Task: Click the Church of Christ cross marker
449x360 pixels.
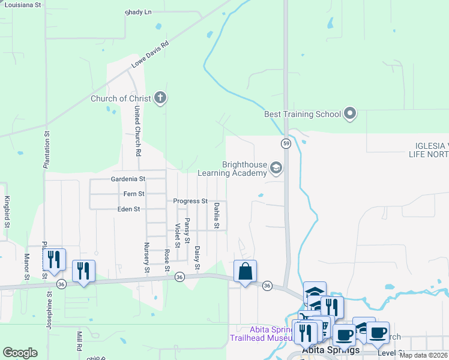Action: pyautogui.click(x=160, y=97)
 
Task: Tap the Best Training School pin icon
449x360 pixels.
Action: pyautogui.click(x=351, y=113)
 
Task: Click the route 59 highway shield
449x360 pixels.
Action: pyautogui.click(x=286, y=143)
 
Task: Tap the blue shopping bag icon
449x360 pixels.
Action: pyautogui.click(x=245, y=271)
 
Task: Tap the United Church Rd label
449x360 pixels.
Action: pyautogui.click(x=137, y=131)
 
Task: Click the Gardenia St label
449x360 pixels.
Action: pyautogui.click(x=128, y=179)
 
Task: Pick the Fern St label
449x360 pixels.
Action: pyautogui.click(x=133, y=194)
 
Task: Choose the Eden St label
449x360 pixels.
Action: pyautogui.click(x=128, y=209)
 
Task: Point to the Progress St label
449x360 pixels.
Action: pyautogui.click(x=190, y=201)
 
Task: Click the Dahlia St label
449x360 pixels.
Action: pyautogui.click(x=217, y=216)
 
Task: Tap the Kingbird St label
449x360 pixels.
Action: pyautogui.click(x=7, y=211)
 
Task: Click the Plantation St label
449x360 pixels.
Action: pyautogui.click(x=46, y=149)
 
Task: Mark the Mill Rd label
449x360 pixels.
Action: pyautogui.click(x=79, y=340)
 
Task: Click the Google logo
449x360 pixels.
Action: pyautogui.click(x=20, y=353)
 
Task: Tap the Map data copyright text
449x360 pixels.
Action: pyautogui.click(x=423, y=355)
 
